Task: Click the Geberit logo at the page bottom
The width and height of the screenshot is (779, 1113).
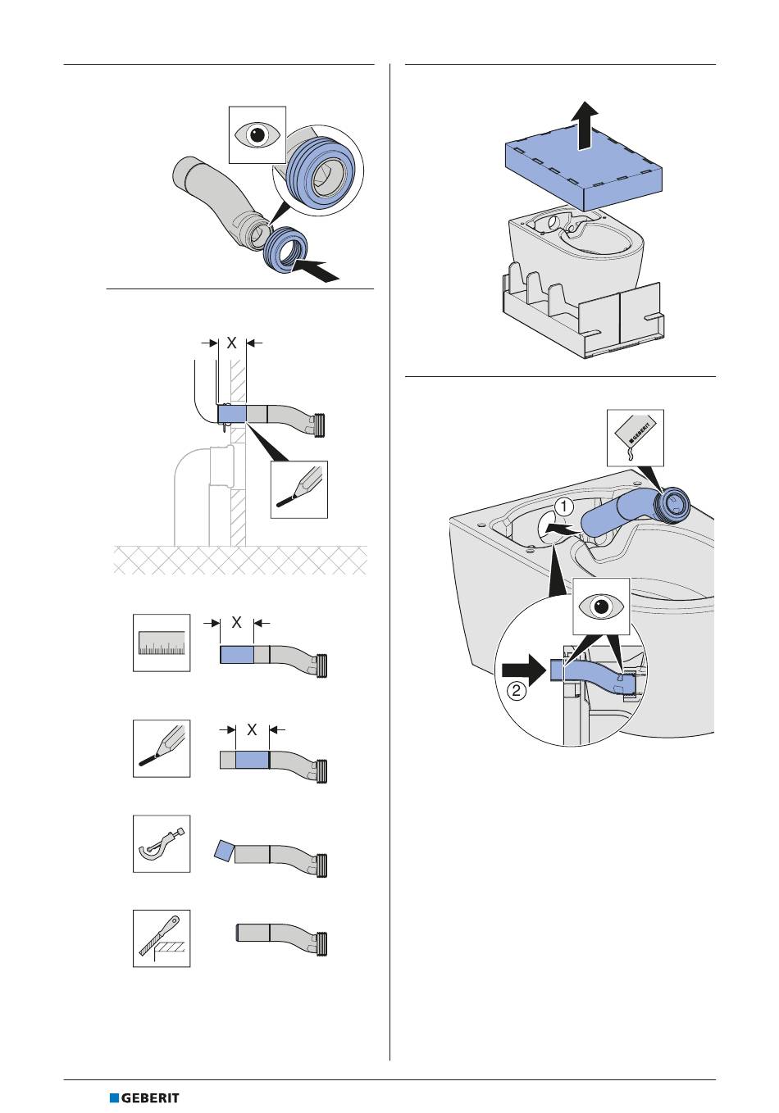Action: coord(144,1097)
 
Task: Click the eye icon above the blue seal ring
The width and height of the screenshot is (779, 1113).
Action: coord(257,134)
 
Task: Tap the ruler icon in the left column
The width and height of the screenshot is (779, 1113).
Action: coord(162,643)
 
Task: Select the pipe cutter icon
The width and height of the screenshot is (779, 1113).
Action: coord(162,843)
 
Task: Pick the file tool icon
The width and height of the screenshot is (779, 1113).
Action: coord(162,938)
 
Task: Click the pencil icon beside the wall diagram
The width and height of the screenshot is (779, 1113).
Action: coord(299,489)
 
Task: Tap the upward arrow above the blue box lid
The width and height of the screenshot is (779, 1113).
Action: coord(583,124)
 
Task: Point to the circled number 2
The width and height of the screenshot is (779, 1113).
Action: coord(516,690)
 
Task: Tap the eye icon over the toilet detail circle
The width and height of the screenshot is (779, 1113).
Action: coord(601,607)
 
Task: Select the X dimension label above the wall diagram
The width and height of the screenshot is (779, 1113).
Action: coord(232,343)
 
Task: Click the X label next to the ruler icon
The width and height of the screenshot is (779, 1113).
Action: coord(236,623)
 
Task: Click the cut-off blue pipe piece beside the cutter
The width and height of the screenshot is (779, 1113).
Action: coord(223,850)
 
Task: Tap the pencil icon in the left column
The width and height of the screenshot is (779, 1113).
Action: coord(162,748)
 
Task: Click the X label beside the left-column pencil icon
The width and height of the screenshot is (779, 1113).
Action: coord(253,729)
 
